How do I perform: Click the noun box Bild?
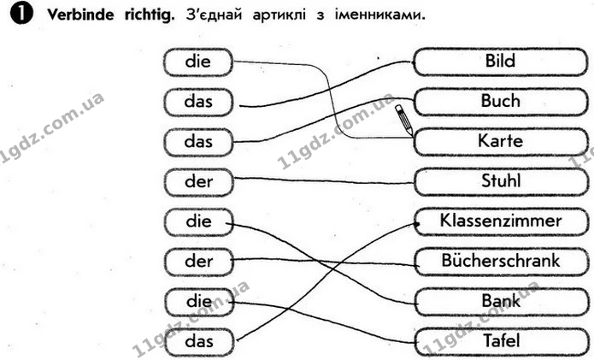point(501,62)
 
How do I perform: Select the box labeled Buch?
point(501,102)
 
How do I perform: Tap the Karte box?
point(501,142)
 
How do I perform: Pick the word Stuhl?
point(501,181)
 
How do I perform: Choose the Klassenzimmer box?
point(501,221)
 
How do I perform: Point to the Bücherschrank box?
point(501,262)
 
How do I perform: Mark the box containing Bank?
point(501,302)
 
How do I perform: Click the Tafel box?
point(501,342)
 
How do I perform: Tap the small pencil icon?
point(403,120)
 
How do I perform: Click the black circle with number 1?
point(21,15)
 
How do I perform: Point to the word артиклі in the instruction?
point(279,15)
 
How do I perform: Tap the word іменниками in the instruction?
point(380,15)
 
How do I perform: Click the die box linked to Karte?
point(198,62)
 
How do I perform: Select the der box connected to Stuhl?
point(198,182)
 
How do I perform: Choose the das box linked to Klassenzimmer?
point(199,342)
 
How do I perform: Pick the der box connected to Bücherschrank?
point(198,262)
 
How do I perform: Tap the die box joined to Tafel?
point(199,302)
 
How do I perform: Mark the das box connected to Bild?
point(198,102)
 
